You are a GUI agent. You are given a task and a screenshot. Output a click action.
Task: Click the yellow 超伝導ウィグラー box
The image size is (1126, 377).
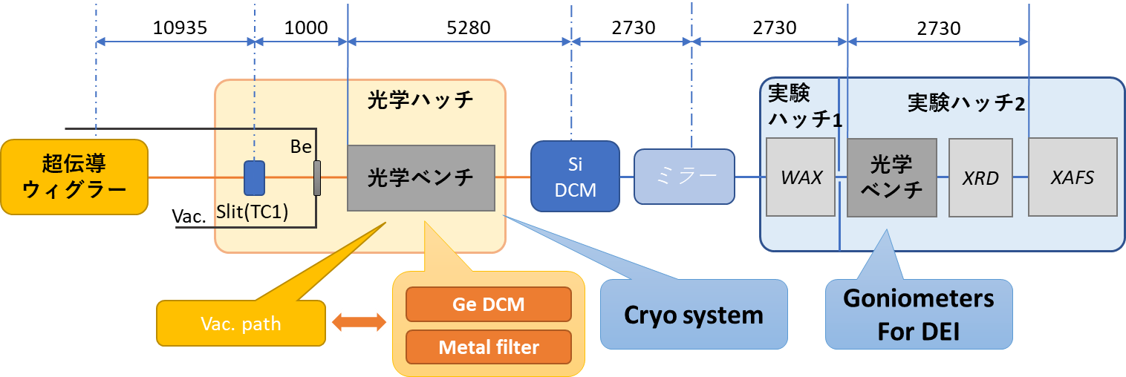[74, 178]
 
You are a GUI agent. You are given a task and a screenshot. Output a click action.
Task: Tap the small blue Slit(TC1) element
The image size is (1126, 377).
[254, 178]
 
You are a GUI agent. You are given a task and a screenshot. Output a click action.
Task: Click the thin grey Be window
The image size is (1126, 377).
[317, 178]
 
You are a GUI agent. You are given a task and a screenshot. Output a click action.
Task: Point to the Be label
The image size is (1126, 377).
[301, 147]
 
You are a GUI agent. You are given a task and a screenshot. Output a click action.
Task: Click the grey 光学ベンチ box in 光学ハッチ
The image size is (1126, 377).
[420, 178]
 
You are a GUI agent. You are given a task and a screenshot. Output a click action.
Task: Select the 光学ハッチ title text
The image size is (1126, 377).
[420, 100]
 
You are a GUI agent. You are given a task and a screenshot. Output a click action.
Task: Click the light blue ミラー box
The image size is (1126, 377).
[683, 177]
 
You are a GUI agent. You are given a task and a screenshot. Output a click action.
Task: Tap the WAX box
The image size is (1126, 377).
[801, 178]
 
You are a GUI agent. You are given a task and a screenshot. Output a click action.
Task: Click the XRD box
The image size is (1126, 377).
[980, 178]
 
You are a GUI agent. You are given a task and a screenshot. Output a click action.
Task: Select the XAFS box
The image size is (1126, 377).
[1073, 178]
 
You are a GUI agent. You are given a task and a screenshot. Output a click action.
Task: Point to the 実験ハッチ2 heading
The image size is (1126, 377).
[966, 104]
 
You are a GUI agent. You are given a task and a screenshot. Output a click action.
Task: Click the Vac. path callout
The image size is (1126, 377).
[241, 324]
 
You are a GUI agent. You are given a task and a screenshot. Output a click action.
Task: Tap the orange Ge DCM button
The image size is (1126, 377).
[488, 304]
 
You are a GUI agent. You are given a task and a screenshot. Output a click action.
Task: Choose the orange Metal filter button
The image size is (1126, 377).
[488, 347]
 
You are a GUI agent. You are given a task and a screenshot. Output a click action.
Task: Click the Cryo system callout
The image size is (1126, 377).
[693, 315]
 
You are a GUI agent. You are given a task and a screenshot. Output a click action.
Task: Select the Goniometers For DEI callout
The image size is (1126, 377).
[919, 314]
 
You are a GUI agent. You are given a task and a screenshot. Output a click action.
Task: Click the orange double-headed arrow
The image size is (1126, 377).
[359, 321]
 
